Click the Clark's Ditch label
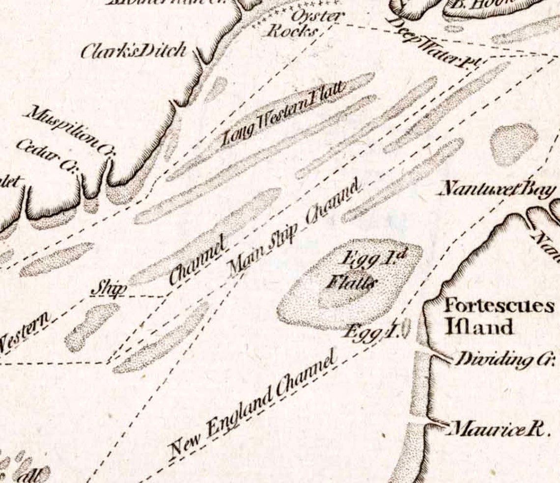[x=134, y=51]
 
